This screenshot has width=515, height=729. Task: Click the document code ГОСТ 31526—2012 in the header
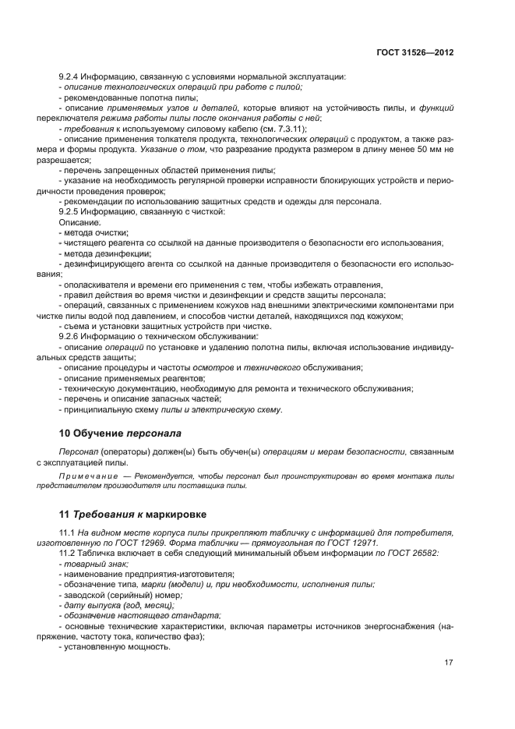[x=416, y=53]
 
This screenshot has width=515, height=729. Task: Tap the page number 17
[x=449, y=663]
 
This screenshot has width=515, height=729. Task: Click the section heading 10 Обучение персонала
[x=123, y=432]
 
